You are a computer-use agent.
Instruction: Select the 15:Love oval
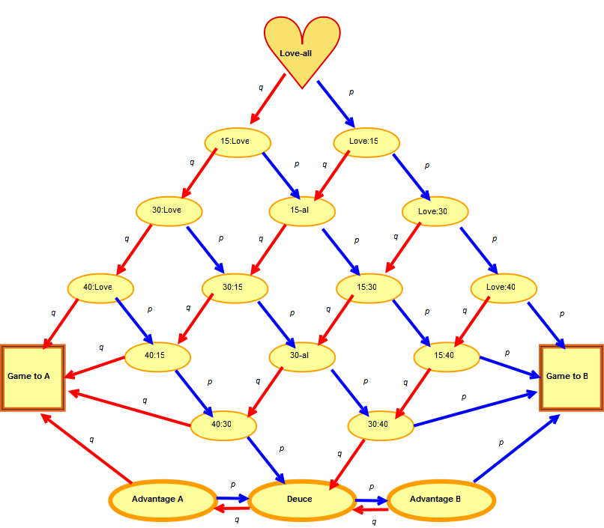238,142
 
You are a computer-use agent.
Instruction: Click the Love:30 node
435,211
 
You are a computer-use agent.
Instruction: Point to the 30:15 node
235,288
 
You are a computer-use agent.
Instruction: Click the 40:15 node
157,356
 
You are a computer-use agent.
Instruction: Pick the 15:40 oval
446,356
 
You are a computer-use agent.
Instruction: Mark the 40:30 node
223,425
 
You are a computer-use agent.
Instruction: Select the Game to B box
571,377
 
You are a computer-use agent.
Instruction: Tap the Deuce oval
301,500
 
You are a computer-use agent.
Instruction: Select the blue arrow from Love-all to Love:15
335,102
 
